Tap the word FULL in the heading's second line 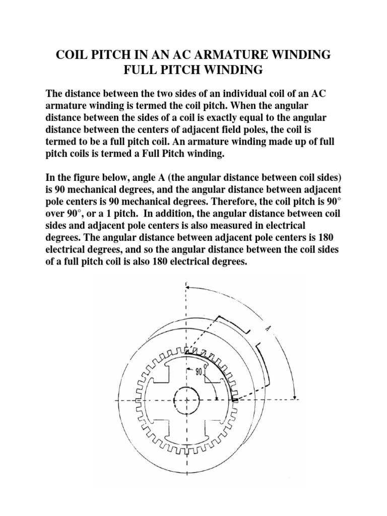[143, 70]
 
